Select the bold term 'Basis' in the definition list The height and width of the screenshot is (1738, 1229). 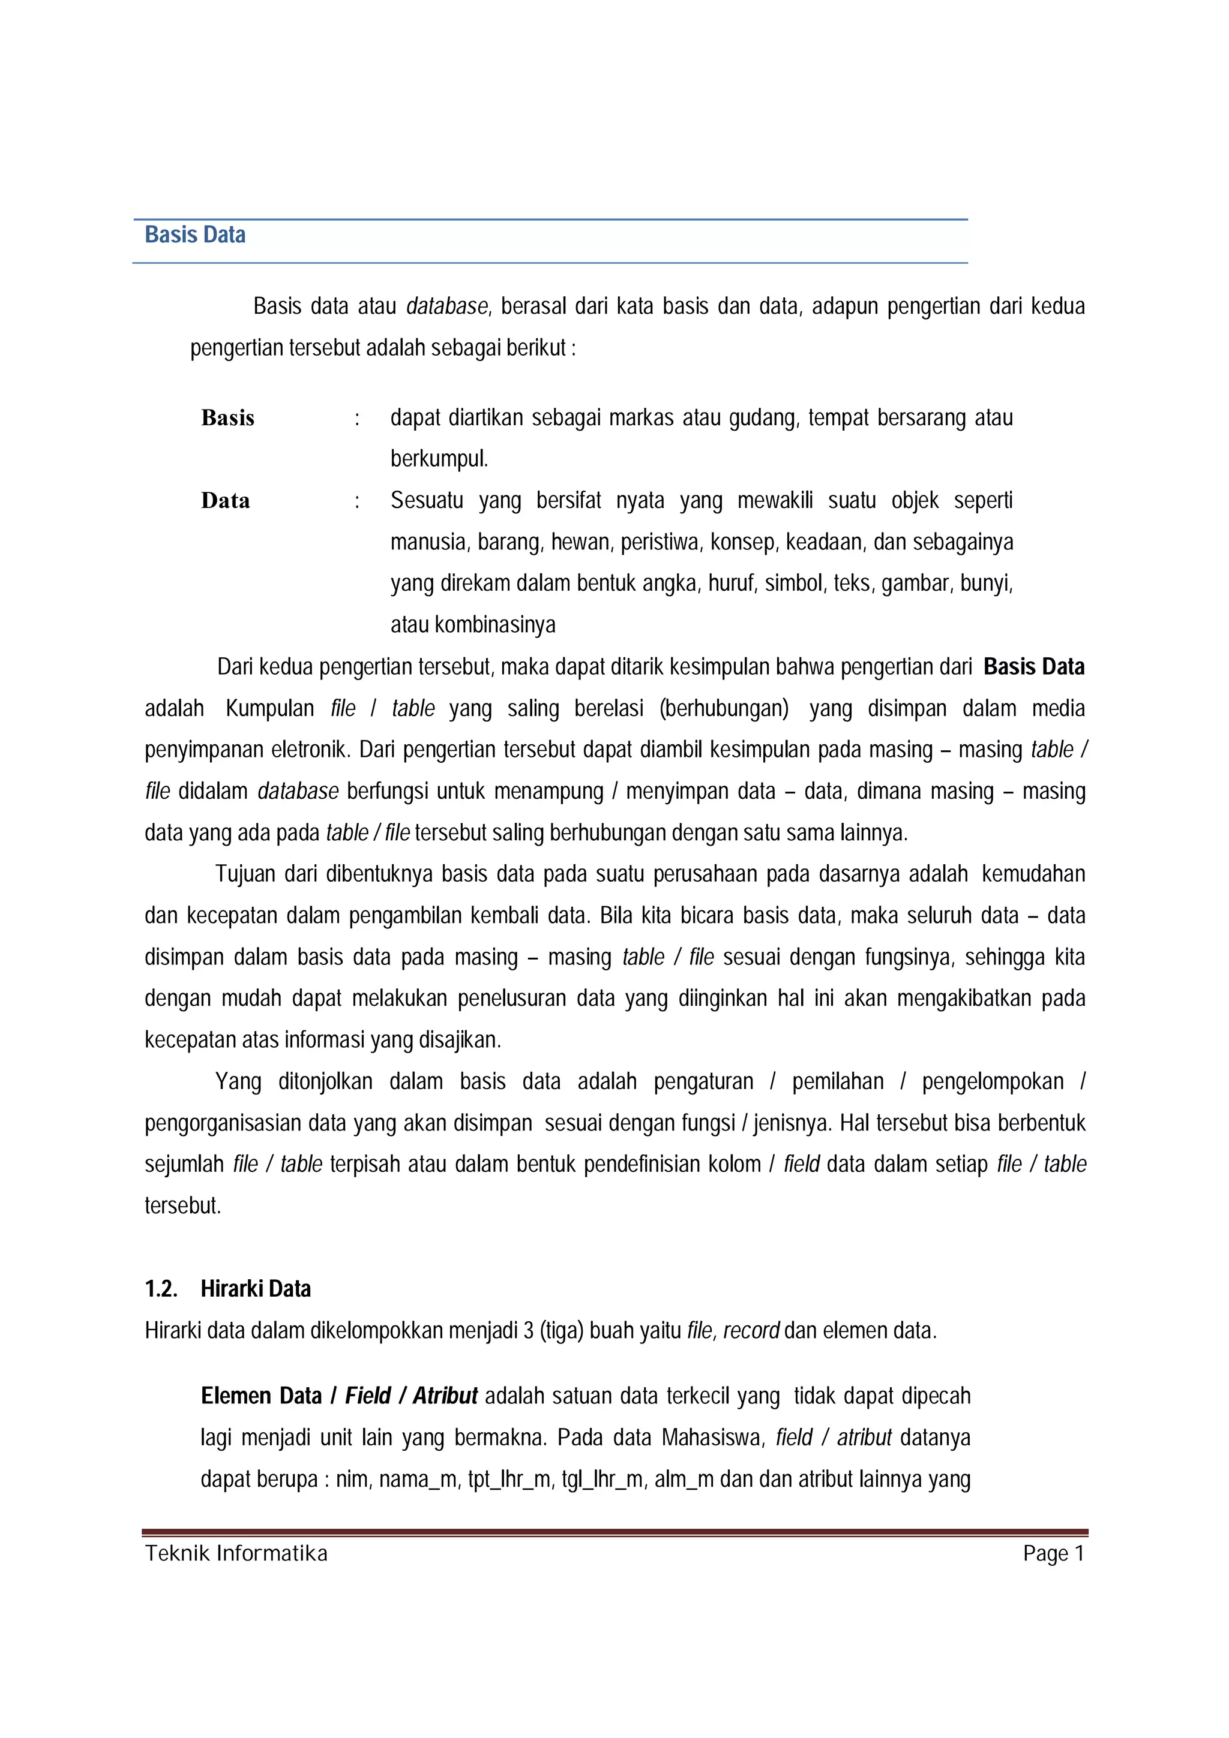click(227, 418)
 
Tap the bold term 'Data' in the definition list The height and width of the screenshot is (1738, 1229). click(225, 500)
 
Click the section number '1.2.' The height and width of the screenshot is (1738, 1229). click(161, 1288)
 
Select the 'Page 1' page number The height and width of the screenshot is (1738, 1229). click(1053, 1553)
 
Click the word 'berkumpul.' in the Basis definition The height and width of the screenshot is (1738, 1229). click(439, 459)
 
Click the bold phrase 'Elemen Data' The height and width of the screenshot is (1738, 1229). click(261, 1396)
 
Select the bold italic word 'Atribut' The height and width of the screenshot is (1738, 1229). click(445, 1396)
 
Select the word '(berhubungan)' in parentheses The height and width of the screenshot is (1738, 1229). click(723, 708)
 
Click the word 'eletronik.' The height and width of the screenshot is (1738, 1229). click(310, 750)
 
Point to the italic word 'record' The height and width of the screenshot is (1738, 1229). click(751, 1331)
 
